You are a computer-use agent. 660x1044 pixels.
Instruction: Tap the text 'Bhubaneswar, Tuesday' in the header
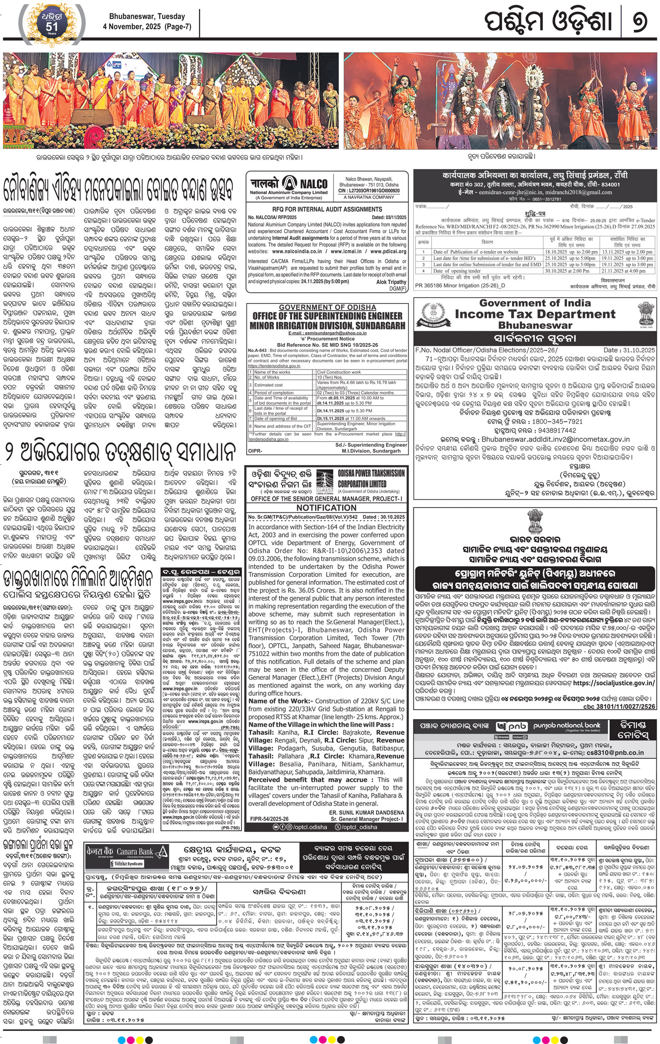point(143,17)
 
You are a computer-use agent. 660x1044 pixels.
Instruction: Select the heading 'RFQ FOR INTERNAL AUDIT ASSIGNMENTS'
point(327,209)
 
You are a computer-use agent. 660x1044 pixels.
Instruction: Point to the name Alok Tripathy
point(391,282)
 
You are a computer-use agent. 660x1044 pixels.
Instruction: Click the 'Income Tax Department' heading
point(535,314)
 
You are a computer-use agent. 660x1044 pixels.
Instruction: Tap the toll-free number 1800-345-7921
point(555,421)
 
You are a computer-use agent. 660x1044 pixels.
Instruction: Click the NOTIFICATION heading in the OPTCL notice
point(326,507)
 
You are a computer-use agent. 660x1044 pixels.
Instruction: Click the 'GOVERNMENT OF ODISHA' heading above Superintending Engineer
point(327,308)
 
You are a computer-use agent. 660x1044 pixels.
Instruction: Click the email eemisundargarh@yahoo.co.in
point(327,333)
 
